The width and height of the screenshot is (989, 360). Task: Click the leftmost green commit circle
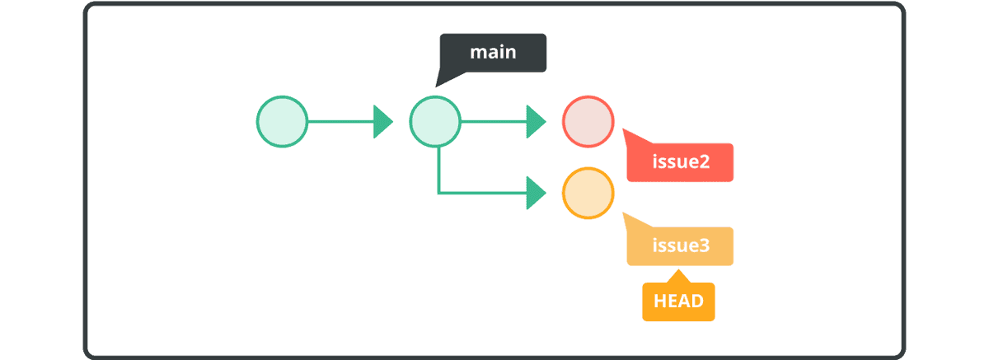[x=282, y=122]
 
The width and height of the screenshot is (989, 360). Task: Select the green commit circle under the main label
[x=435, y=122]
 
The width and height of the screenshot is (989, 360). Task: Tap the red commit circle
[x=588, y=122]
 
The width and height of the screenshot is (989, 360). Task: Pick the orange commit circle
[x=588, y=193]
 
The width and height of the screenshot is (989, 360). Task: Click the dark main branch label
[x=493, y=53]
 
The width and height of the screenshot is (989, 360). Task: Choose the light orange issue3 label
[x=680, y=246]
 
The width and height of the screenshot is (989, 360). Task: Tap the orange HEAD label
[x=678, y=302]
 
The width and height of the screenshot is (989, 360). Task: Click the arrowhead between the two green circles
[x=382, y=122]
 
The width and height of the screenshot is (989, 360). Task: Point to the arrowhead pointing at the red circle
[x=536, y=122]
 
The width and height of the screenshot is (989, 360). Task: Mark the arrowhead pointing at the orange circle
[x=536, y=193]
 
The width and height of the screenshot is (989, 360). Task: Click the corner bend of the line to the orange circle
[x=438, y=193]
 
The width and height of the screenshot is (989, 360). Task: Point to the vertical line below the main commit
[x=438, y=169]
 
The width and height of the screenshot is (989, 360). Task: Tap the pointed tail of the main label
[x=441, y=79]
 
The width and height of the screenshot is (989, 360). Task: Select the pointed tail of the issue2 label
[x=628, y=133]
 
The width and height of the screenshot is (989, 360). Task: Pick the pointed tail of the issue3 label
[x=628, y=218]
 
